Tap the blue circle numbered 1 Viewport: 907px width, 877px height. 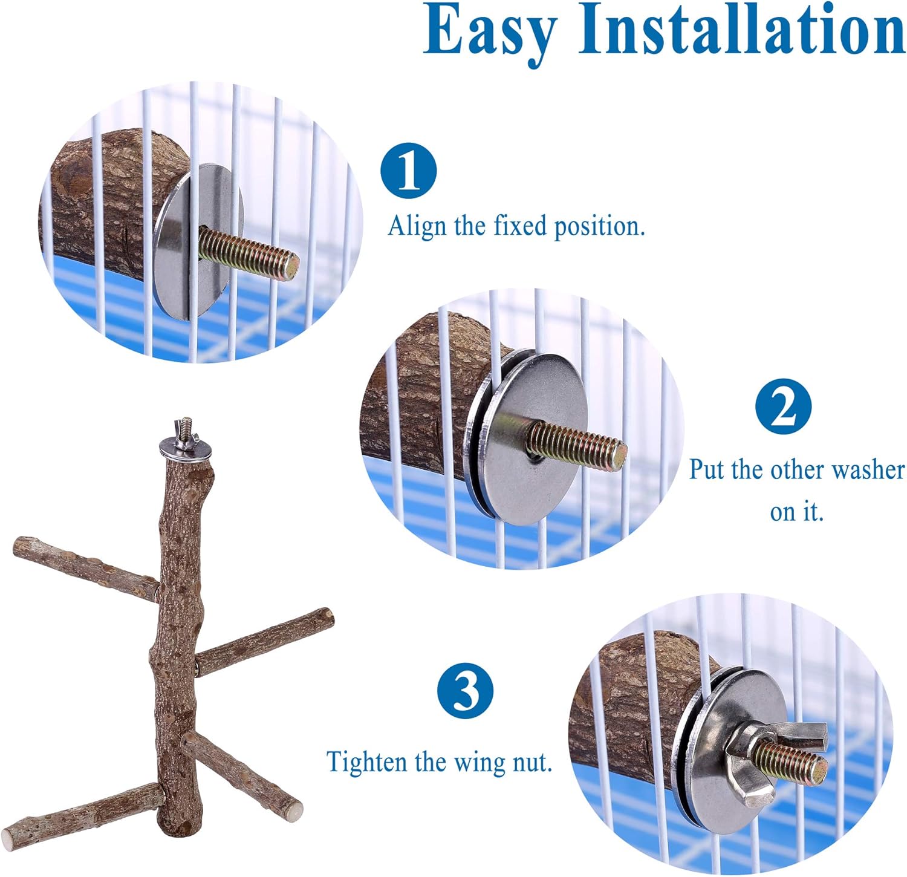pyautogui.click(x=409, y=171)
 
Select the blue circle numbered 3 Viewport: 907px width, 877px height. pyautogui.click(x=465, y=690)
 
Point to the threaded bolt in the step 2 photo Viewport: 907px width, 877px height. pyautogui.click(x=577, y=445)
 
